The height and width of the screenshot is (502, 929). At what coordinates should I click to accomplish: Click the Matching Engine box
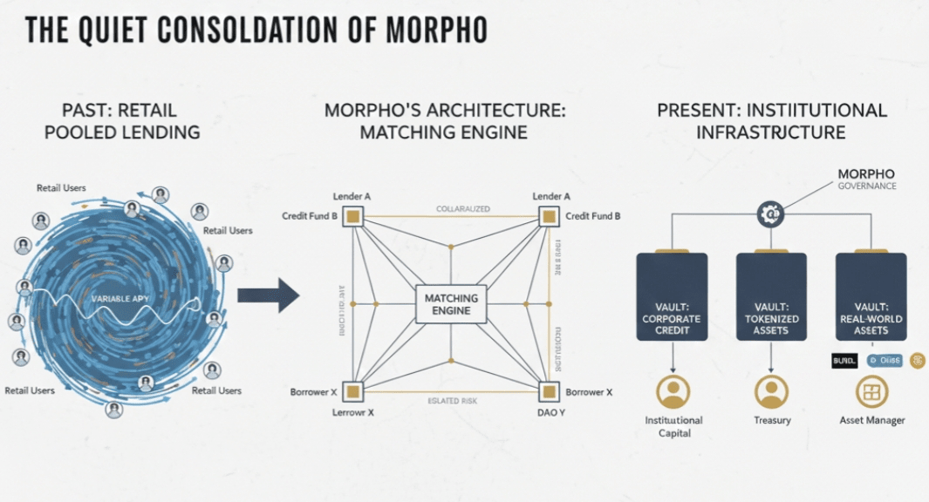451,304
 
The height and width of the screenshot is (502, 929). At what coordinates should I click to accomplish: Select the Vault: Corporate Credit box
673,296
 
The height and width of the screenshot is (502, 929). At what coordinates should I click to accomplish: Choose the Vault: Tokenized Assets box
771,296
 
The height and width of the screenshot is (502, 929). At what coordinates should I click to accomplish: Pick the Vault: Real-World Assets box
871,296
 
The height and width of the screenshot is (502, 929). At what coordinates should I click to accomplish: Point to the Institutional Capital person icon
673,391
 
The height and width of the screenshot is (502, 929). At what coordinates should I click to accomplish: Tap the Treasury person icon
771,391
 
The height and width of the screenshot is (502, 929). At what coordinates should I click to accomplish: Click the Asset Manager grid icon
871,391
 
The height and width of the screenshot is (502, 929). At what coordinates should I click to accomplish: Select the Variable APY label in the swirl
120,298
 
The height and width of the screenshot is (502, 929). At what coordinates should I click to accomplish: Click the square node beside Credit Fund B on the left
353,217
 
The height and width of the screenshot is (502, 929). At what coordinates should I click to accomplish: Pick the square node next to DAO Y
549,391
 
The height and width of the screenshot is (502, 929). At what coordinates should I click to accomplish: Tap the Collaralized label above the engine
462,209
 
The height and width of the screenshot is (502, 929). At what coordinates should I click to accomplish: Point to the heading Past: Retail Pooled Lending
120,122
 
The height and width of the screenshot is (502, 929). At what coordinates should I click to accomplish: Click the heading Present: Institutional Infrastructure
771,122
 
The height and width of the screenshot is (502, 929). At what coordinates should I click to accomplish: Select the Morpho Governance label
866,179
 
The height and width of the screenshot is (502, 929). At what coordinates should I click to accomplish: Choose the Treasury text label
771,420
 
